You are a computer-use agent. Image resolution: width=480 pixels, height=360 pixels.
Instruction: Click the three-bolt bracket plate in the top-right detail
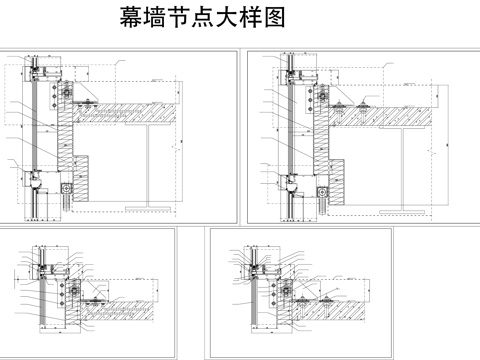[x=323, y=97]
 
